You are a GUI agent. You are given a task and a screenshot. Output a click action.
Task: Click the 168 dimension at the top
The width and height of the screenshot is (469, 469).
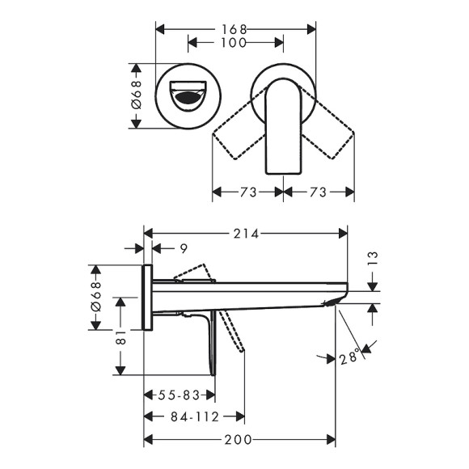coord(236,29)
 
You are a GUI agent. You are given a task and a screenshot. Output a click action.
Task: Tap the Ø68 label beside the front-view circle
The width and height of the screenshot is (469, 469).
coord(137,95)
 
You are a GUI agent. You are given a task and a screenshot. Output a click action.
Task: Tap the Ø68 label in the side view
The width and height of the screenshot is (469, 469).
coord(95,294)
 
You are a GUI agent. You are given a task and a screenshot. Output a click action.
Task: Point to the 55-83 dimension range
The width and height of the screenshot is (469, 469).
coord(179,395)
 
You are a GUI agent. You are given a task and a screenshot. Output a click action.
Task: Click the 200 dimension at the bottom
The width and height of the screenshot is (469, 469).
coord(238,440)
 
